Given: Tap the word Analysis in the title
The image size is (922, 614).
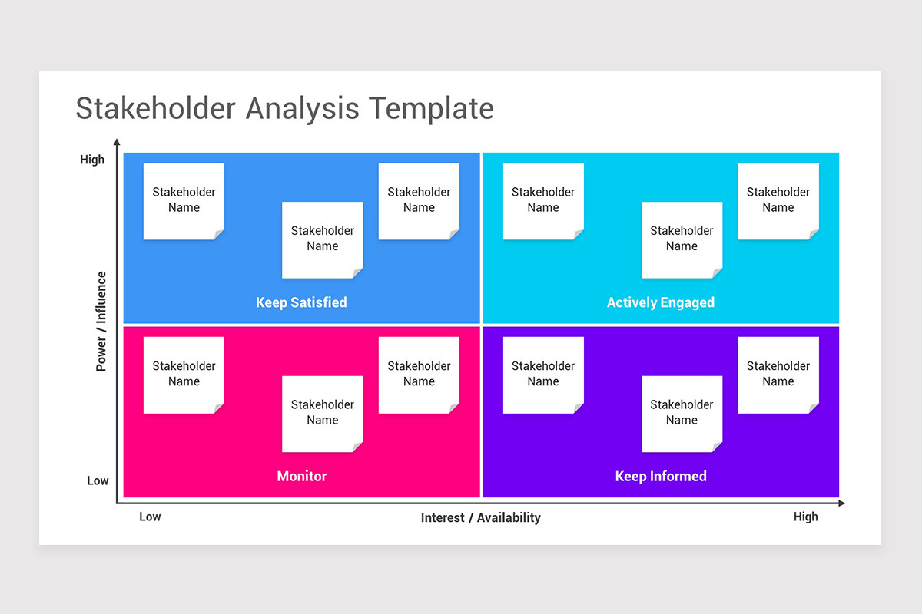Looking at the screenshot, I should tap(302, 108).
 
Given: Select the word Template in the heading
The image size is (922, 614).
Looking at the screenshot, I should tap(431, 108).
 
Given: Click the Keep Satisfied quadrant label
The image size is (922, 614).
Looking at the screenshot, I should tap(301, 302).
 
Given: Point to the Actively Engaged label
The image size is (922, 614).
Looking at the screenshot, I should tap(660, 302).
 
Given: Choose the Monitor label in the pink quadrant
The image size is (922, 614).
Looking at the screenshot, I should tap(301, 477).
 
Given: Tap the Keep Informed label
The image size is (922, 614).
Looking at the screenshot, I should tap(660, 477).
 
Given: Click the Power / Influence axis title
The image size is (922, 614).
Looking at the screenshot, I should tap(101, 322).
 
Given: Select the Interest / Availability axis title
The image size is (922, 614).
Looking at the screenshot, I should tap(480, 518).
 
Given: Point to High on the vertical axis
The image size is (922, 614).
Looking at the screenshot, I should tap(92, 160).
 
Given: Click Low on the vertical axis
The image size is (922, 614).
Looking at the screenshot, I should tap(98, 480).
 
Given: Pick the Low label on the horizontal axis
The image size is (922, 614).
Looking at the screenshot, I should tap(150, 517).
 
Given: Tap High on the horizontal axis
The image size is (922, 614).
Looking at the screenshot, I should tap(805, 517).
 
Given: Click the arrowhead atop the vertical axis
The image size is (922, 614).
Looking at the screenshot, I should tap(117, 142).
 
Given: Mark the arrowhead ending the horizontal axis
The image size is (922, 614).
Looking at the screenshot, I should tap(841, 503).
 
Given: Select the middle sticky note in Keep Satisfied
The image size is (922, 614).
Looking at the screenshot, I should tap(322, 239).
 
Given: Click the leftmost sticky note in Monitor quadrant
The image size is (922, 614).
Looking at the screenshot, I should tap(184, 374).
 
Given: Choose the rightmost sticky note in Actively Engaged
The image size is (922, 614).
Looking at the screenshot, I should tap(778, 200).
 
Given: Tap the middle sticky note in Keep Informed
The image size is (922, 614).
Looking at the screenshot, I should tap(682, 413).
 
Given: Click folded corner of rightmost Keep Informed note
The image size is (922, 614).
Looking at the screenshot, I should tap(814, 408).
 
